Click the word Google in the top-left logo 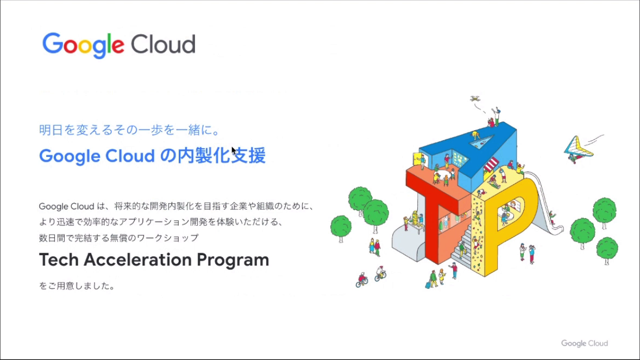coord(84,45)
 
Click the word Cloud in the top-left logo coord(162,45)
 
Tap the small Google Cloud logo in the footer coord(584,343)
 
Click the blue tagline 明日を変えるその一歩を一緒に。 coord(129,130)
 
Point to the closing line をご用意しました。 coord(77,286)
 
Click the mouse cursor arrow coord(234,150)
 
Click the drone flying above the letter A coord(475,99)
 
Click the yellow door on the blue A coord(418,160)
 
